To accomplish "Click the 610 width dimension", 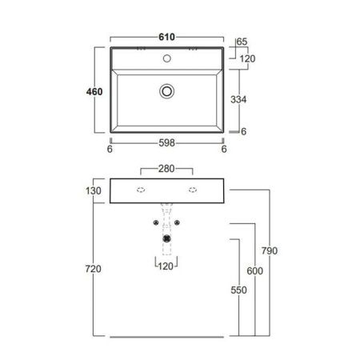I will [x=166, y=38].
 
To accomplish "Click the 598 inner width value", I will [x=166, y=145].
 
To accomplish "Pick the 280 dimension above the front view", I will [x=166, y=170].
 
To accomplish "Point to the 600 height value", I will [x=254, y=270].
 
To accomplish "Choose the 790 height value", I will [x=270, y=251].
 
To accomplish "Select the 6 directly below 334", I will [x=242, y=131].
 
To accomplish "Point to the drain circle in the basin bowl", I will [x=166, y=91].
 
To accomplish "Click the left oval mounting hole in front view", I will [x=140, y=190].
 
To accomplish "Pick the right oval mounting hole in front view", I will [x=193, y=190].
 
